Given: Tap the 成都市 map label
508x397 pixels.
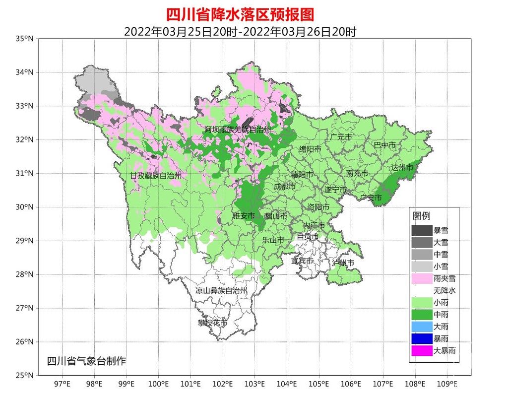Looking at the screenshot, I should click(285, 187).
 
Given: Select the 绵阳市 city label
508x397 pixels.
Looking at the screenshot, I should click(310, 149).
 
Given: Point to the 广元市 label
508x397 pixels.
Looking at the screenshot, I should click(341, 136).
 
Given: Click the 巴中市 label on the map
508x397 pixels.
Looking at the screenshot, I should click(385, 145).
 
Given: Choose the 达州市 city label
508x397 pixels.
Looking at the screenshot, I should click(402, 168).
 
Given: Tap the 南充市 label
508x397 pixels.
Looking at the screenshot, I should click(357, 173).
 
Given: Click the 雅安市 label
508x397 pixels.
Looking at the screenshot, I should click(244, 216).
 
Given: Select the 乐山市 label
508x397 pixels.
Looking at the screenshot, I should click(273, 240).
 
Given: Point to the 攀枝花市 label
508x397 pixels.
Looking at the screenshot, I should click(212, 323).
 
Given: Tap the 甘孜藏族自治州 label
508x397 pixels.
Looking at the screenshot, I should click(156, 176).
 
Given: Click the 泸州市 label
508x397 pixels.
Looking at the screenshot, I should click(343, 262).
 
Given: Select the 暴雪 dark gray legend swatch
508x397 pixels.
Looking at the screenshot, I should click(421, 230).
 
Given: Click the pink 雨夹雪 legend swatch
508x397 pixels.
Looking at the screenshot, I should click(421, 278).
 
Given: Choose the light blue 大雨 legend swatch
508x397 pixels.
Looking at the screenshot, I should click(421, 327).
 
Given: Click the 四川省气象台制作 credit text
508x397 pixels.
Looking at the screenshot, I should click(86, 361).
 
